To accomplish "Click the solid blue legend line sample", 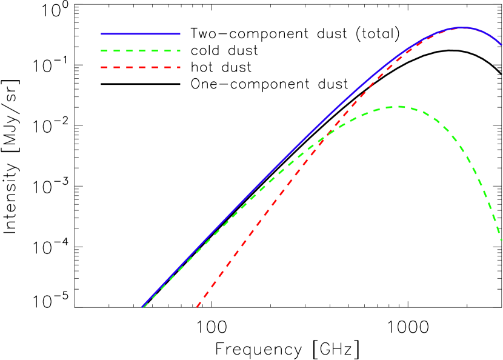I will (x=140, y=34).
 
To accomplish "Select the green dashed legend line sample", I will (x=140, y=51).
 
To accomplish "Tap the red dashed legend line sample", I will (x=140, y=67).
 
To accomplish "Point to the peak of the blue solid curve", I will (x=462, y=27).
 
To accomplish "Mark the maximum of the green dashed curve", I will (x=397, y=107).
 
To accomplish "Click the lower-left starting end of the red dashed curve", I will (x=197, y=307).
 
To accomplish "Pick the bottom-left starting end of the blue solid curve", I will (x=142, y=307).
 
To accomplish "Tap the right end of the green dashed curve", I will (x=501, y=240).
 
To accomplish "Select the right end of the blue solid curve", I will (x=501, y=44).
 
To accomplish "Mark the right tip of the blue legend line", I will (x=179, y=34).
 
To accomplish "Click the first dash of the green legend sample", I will (x=104, y=51).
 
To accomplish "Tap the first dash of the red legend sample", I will (x=104, y=67).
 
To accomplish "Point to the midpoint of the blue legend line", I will (x=141, y=34).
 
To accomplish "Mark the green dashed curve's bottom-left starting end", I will (x=143, y=308).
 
